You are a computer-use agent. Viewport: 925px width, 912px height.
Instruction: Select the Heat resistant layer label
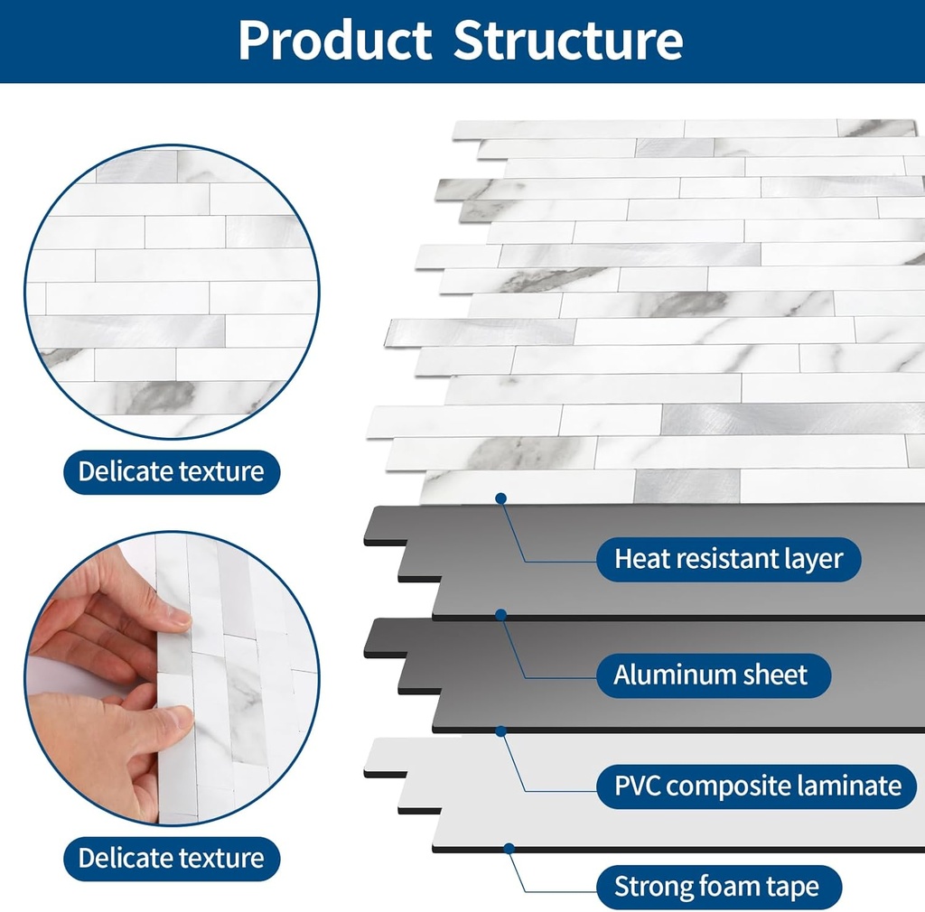pos(728,559)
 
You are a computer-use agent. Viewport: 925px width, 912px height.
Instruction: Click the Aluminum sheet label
pos(712,675)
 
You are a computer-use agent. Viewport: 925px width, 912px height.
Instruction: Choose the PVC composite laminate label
pos(758,785)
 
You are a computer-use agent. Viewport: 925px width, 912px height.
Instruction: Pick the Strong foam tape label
pos(717,886)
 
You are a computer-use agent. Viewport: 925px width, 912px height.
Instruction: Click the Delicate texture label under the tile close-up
pos(171,471)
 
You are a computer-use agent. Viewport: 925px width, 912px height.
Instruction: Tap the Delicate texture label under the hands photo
pos(171,858)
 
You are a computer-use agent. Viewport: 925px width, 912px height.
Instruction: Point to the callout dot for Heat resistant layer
pos(500,498)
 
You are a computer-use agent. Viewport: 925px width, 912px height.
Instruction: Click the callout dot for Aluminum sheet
pos(500,615)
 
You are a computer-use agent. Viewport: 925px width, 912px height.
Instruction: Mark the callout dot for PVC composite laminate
pos(500,730)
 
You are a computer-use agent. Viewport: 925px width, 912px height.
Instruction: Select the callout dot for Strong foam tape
pos(509,848)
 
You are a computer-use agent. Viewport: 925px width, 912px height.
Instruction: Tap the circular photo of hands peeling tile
pos(172,677)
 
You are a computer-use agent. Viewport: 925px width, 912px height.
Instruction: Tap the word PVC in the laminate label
pos(638,785)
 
